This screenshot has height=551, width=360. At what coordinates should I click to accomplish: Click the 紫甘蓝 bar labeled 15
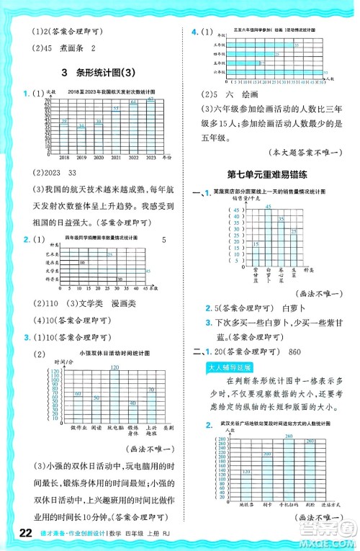tap(256, 253)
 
